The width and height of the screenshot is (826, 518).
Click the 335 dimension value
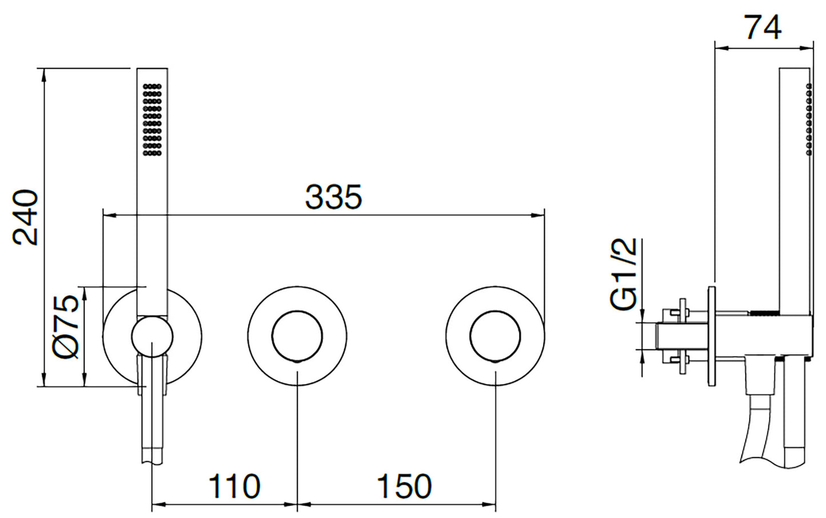click(334, 197)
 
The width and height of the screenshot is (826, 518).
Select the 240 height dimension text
click(25, 218)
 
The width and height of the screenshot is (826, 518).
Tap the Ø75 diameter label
click(66, 327)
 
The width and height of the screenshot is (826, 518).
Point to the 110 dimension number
click(234, 486)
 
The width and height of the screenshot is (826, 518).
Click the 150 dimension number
click(404, 486)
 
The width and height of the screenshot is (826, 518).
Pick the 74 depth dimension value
click(764, 27)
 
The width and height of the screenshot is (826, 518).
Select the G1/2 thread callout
click(623, 274)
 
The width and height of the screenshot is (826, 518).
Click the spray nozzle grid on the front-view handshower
click(152, 120)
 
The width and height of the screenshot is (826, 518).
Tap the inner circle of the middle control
click(297, 336)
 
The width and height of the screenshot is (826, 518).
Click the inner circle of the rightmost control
click(495, 336)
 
